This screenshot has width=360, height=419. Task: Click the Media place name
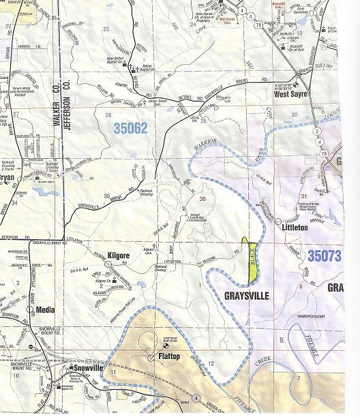click(x=45, y=309)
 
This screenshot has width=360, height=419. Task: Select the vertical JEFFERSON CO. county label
click(x=68, y=116)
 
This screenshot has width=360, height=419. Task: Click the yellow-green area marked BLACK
click(x=250, y=259)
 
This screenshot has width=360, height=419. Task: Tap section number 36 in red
click(x=202, y=199)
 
